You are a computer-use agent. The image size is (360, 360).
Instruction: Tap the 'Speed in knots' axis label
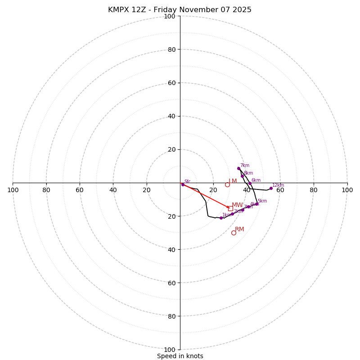[180, 356]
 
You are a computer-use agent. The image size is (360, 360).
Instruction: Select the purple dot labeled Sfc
[183, 184]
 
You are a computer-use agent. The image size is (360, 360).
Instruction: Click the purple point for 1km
[221, 218]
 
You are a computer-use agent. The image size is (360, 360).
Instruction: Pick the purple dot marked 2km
[232, 214]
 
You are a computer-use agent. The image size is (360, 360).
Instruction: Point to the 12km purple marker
[271, 188]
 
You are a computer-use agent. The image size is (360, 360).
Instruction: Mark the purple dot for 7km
[238, 168]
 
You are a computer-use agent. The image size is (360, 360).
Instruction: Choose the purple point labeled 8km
[242, 176]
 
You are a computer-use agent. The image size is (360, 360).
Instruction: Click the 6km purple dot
[250, 183]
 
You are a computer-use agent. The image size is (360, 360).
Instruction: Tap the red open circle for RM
[234, 233]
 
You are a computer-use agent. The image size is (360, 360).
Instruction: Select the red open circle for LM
[227, 184]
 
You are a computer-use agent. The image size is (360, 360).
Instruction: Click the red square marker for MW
[230, 208]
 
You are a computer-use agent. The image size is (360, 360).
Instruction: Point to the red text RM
[239, 229]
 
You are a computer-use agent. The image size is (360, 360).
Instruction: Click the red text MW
[237, 205]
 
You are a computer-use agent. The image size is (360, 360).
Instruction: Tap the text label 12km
[278, 185]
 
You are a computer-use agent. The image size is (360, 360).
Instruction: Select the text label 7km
[244, 166]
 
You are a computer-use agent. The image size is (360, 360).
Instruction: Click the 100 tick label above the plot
[170, 16]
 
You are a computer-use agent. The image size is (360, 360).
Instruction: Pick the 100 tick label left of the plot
[13, 190]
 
